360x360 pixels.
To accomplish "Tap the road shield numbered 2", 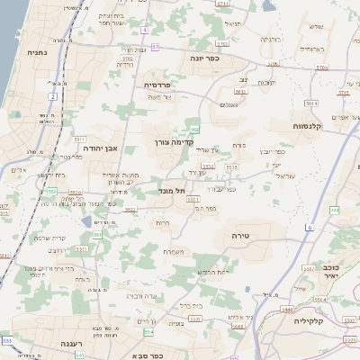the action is pyautogui.click(x=53, y=96).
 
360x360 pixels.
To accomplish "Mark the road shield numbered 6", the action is pyautogui.click(x=309, y=229).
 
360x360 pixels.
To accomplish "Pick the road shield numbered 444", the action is pyautogui.click(x=335, y=210).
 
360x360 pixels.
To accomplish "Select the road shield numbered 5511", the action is pyautogui.click(x=79, y=140).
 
